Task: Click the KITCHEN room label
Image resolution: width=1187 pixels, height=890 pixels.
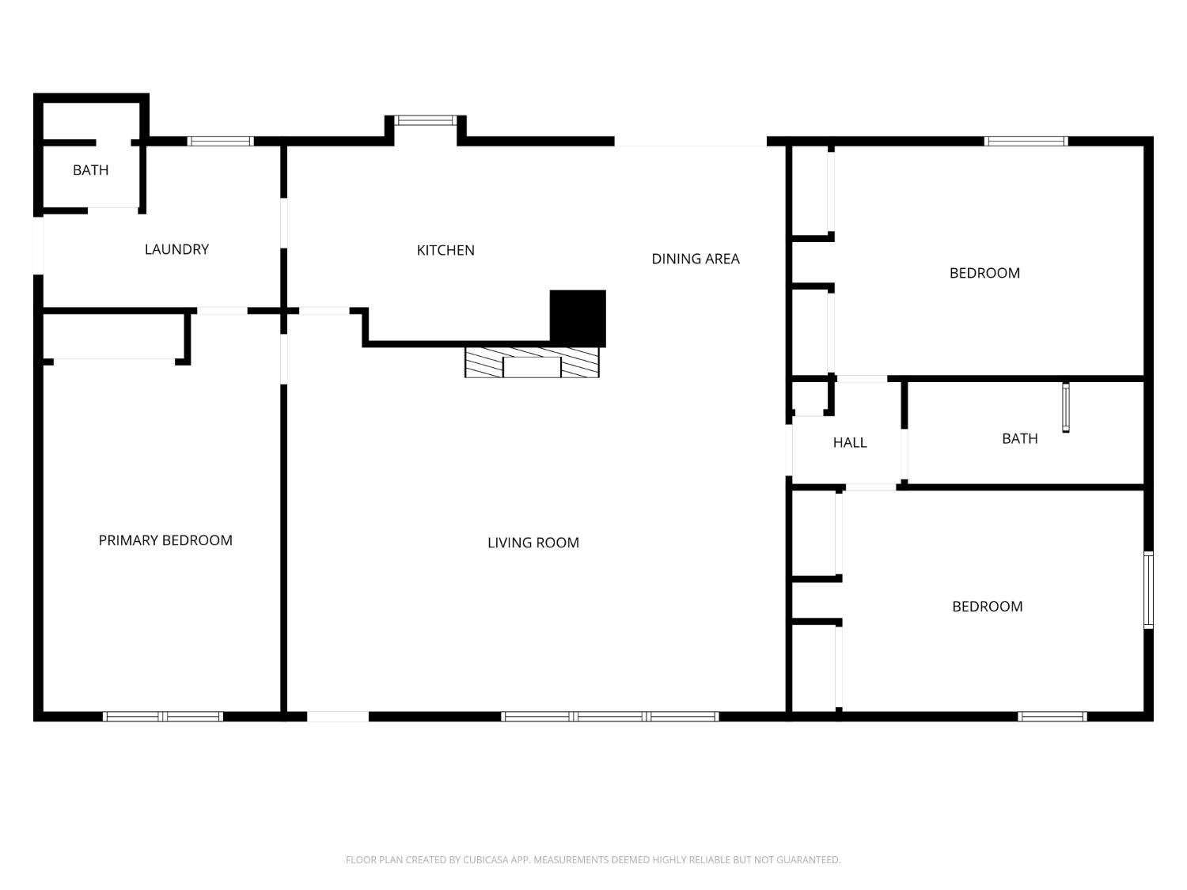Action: pos(445,250)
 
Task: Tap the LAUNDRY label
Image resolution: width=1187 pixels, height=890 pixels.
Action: pos(176,249)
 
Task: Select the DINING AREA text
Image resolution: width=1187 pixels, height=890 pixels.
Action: pos(696,259)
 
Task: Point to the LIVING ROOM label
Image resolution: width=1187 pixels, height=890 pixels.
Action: pos(533,543)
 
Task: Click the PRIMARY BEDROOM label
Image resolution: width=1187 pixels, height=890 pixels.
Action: pos(165,540)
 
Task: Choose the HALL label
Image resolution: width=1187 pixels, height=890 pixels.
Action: pos(850,442)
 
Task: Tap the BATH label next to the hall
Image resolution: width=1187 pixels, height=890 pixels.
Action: pos(1019,438)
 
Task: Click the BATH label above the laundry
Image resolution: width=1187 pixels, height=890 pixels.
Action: pos(91,170)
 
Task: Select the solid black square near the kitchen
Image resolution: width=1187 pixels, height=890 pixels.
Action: pos(578,318)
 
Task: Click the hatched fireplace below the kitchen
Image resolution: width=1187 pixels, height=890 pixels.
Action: pos(532,362)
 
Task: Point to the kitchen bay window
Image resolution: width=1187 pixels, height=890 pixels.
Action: pos(424,120)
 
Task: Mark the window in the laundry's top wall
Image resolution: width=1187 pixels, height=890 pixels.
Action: pos(221,141)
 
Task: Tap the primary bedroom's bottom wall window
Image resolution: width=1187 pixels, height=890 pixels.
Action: pos(163,717)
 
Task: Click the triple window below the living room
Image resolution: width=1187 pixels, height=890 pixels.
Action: pos(610,717)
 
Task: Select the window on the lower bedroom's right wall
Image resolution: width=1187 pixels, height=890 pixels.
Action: pos(1148,589)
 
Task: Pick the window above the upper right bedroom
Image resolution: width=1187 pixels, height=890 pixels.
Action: pos(1026,141)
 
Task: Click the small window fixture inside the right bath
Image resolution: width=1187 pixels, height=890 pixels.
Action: pos(1066,407)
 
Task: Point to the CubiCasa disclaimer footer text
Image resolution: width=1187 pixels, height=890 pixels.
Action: pos(593,860)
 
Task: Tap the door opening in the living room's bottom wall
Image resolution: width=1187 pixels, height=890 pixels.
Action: pos(338,717)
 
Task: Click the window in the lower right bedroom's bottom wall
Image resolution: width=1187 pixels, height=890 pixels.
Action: pos(1052,717)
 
